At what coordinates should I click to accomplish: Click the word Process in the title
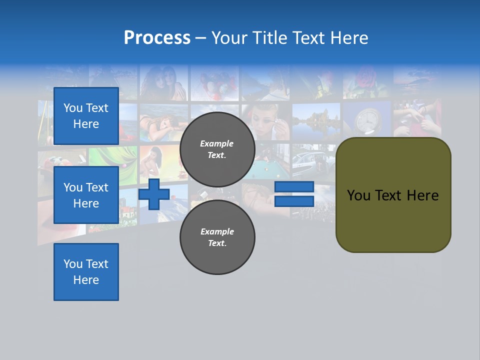point(157,37)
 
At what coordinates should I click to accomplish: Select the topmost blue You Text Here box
point(86,116)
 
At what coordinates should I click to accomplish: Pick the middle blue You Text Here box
point(86,195)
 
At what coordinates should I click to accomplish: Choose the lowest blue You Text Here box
point(86,271)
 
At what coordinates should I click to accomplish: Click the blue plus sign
point(154,194)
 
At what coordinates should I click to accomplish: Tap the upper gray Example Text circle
point(217,149)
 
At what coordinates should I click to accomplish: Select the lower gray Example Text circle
point(217,237)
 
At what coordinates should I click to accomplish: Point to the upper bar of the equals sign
point(294,187)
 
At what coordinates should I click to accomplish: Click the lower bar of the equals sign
point(294,201)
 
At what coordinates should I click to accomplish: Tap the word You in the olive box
point(358,195)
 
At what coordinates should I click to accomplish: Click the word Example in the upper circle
point(216,143)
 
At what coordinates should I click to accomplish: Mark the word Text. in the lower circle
point(217,243)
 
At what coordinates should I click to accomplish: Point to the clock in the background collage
point(368,120)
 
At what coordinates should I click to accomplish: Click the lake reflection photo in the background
point(316,120)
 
